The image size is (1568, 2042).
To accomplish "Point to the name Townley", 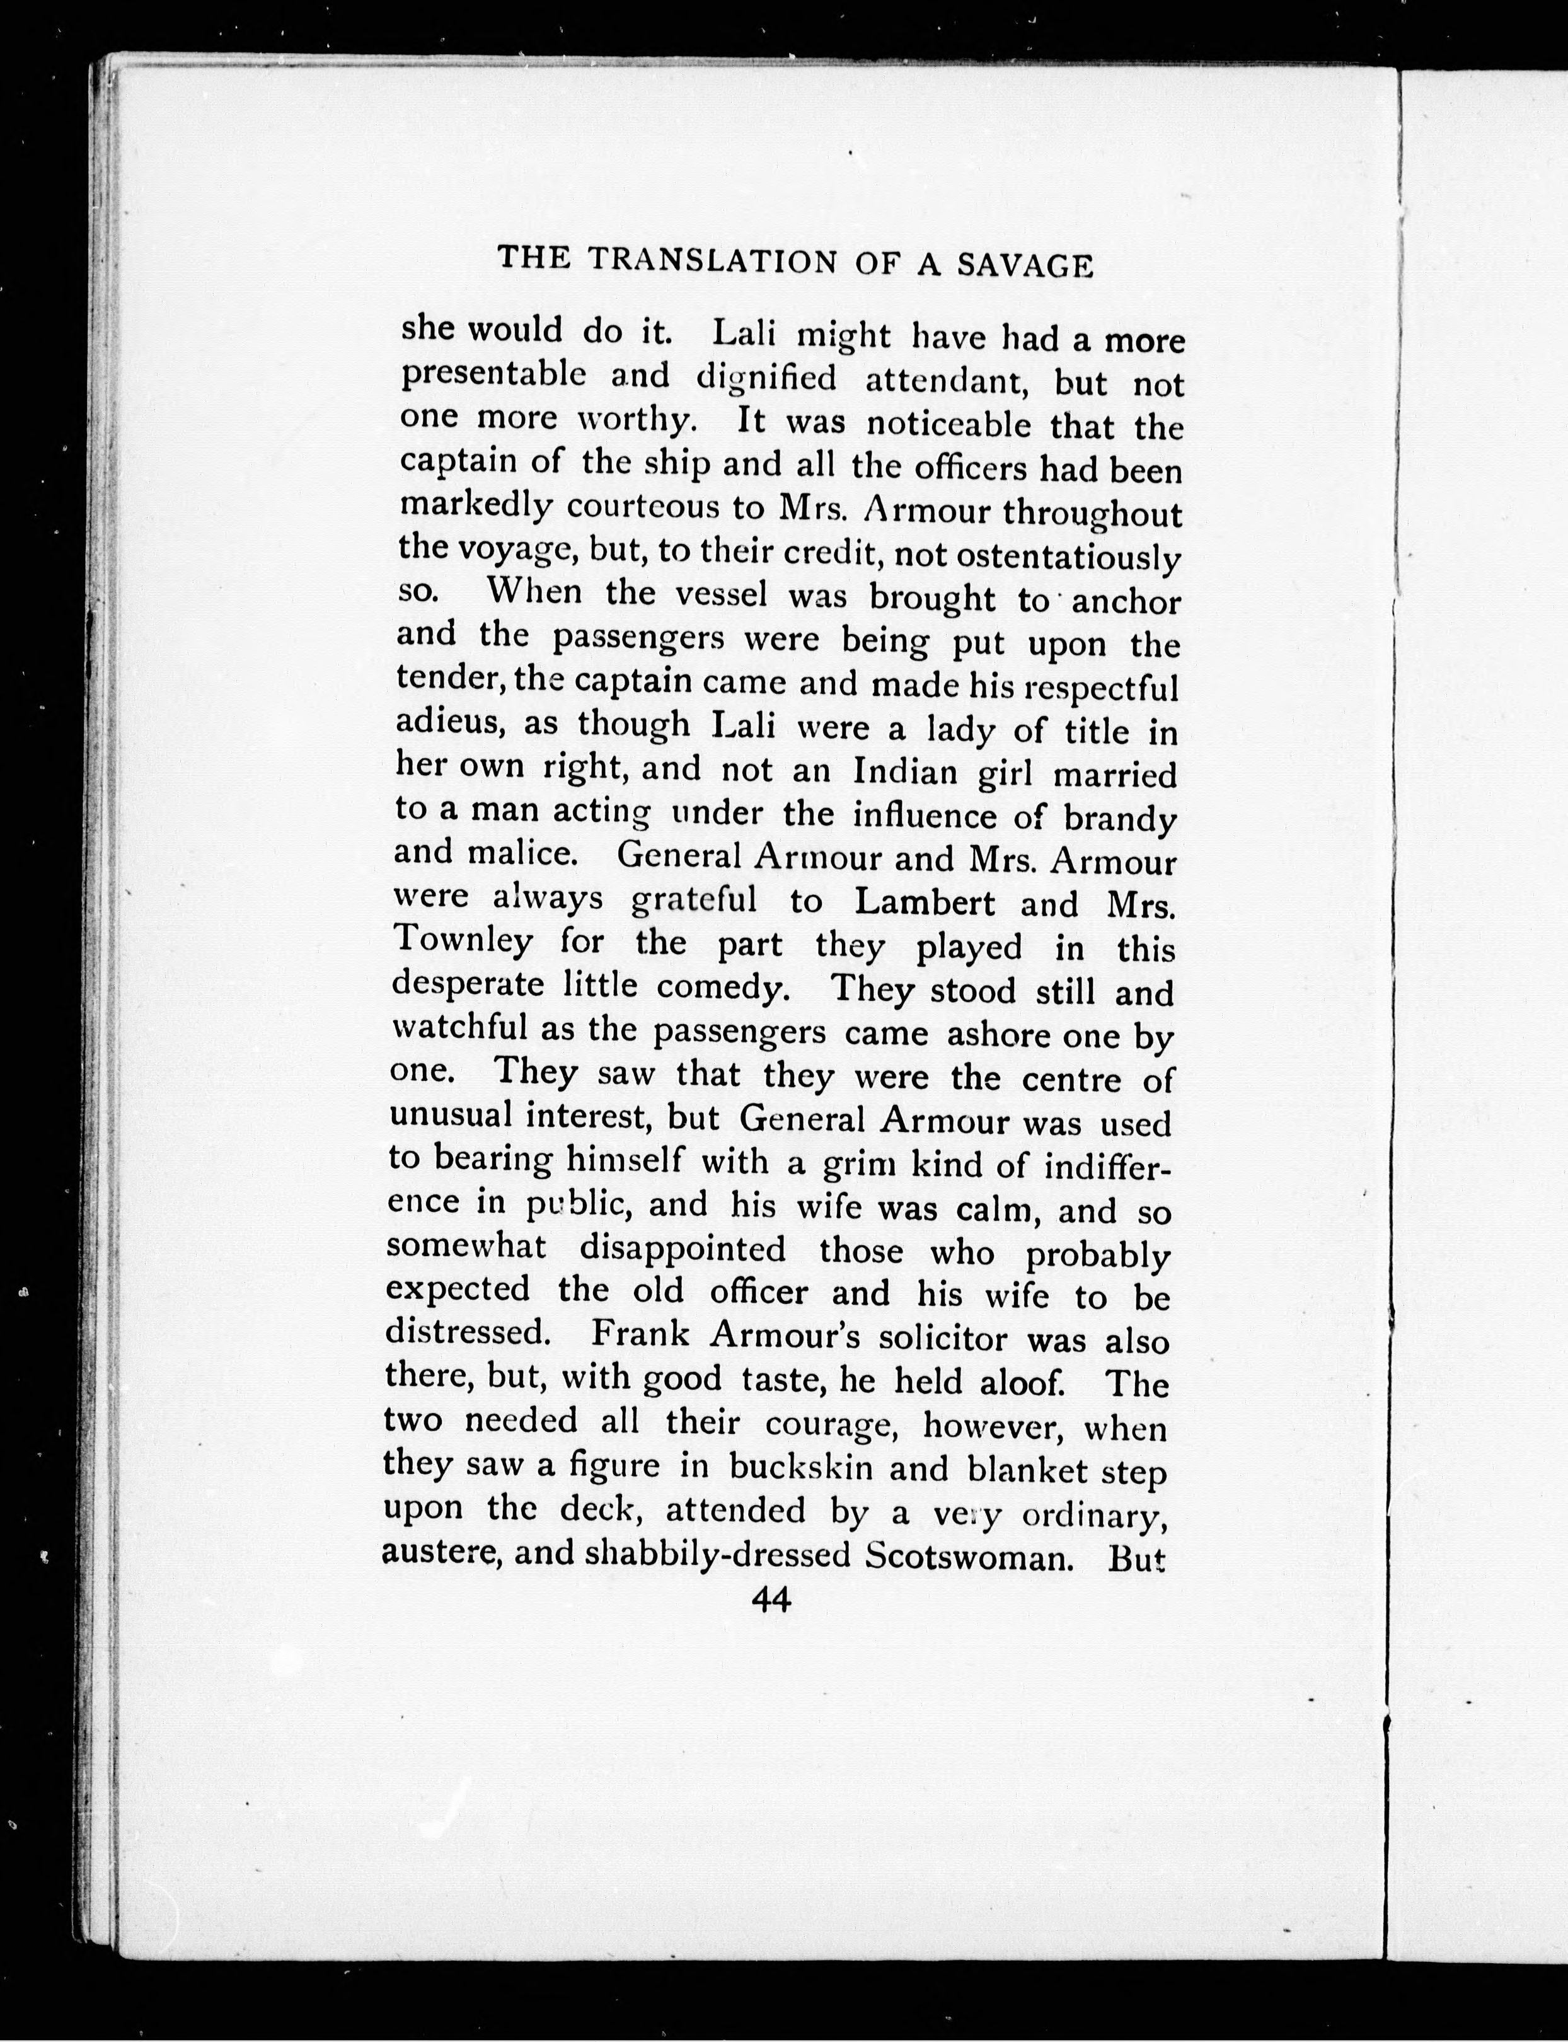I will (x=463, y=941).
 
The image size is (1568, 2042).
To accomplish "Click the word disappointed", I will (x=683, y=1249).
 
